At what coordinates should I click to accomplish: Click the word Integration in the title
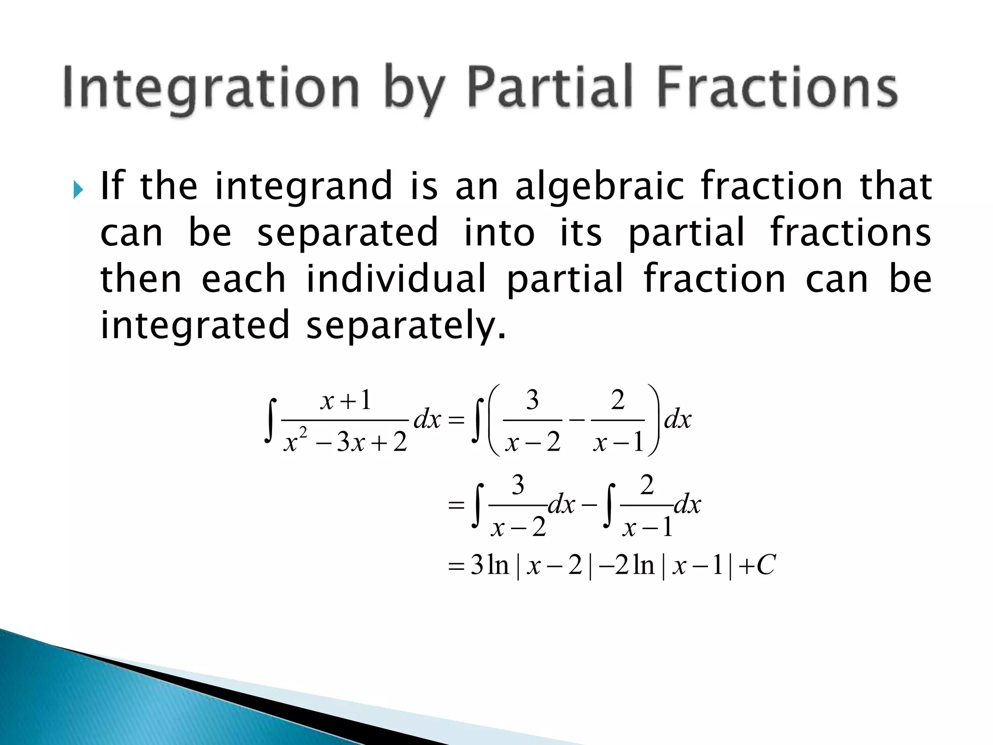point(211,87)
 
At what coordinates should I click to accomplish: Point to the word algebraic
point(599,187)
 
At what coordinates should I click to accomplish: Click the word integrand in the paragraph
point(304,187)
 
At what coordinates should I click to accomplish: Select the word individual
point(396,279)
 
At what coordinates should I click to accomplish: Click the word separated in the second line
point(348,233)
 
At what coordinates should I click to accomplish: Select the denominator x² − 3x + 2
point(345,442)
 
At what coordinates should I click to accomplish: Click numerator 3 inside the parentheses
point(532,401)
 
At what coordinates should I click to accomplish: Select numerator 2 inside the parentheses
point(618,401)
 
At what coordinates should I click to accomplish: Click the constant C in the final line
point(766,565)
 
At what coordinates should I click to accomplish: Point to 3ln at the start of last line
point(490,565)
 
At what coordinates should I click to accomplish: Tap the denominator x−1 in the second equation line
point(648,527)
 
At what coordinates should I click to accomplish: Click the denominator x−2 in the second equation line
point(518,527)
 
